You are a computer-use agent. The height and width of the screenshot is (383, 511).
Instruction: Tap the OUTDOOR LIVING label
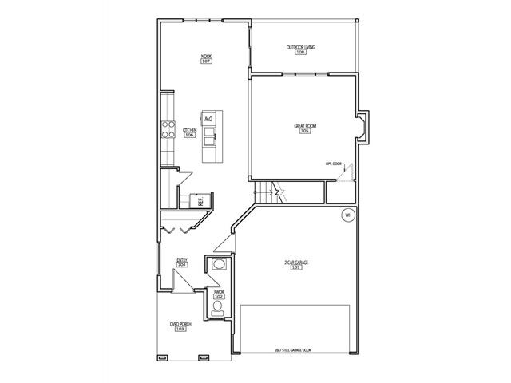300,48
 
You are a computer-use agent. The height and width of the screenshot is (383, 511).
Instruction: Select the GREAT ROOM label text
304,126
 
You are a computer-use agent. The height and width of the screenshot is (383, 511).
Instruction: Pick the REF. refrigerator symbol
202,201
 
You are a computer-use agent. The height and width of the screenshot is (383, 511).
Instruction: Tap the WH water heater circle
347,215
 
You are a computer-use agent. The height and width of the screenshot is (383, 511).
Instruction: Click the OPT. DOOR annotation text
333,164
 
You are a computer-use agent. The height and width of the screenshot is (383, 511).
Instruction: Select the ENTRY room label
182,259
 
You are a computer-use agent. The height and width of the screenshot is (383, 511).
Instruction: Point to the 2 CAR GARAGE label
297,263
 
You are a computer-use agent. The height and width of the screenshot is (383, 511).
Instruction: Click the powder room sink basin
218,267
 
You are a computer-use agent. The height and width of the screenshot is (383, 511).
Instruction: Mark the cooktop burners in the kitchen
168,129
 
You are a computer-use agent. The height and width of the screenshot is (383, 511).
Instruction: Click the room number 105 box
304,132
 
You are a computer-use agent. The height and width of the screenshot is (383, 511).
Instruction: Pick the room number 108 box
300,53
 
